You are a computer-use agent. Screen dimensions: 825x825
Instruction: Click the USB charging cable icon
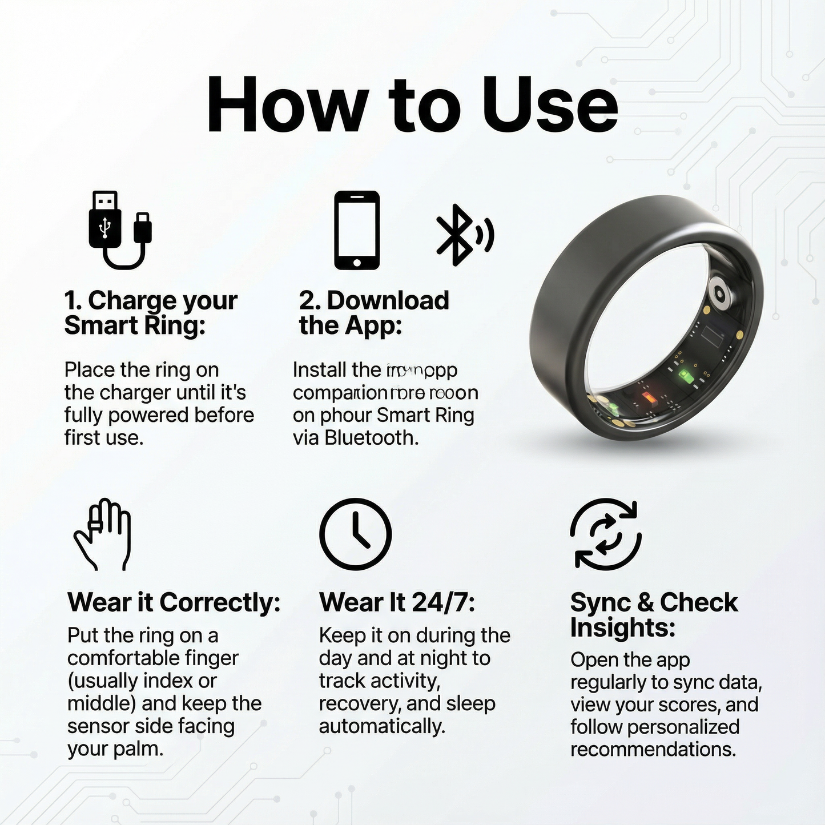click(120, 230)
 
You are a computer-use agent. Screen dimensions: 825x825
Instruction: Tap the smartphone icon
click(357, 230)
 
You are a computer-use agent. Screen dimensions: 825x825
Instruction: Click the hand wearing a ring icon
click(103, 534)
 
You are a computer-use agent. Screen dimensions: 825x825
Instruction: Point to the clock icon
click(355, 534)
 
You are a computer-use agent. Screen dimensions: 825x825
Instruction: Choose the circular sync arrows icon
click(606, 534)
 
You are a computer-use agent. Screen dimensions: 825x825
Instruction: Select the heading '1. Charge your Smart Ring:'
click(150, 313)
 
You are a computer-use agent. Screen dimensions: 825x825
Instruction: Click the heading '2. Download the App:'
click(373, 313)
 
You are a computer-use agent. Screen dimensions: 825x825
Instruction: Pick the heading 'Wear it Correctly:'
click(174, 602)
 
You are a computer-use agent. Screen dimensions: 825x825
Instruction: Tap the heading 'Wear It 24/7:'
click(397, 602)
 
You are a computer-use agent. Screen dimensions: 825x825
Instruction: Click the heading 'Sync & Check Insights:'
click(653, 615)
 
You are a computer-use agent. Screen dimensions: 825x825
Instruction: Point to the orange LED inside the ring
click(647, 397)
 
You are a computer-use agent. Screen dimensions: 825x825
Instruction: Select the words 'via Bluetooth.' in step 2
click(356, 438)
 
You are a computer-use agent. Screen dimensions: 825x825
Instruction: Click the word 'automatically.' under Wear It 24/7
click(381, 726)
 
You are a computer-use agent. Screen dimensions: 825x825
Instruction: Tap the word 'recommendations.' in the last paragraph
click(653, 749)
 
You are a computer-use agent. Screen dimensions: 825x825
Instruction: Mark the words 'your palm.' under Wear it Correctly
click(115, 749)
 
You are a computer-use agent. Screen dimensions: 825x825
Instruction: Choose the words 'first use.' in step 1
click(103, 438)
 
